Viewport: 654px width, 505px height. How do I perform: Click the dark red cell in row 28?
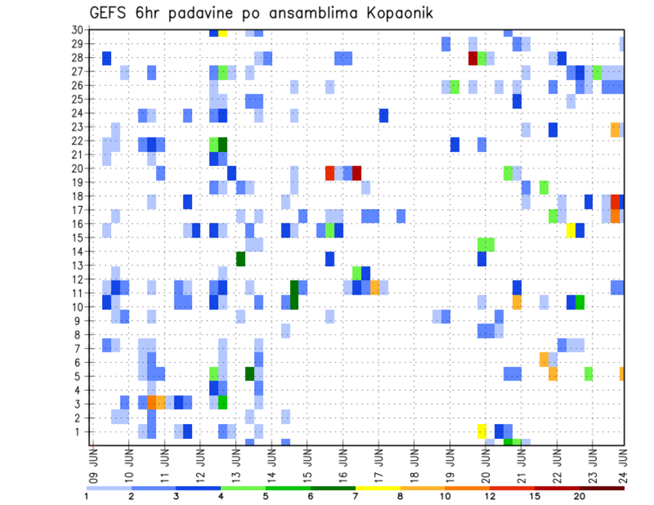[x=473, y=58]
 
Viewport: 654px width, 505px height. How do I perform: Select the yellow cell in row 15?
[x=571, y=230]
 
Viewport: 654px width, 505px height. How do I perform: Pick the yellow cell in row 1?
[x=482, y=431]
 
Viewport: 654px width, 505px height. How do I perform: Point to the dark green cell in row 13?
[x=240, y=259]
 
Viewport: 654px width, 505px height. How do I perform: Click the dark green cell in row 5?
[x=249, y=374]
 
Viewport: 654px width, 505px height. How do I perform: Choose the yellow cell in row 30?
[x=223, y=32]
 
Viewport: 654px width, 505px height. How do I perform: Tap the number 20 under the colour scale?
[x=579, y=496]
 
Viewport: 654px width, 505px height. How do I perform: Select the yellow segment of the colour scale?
[x=377, y=488]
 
